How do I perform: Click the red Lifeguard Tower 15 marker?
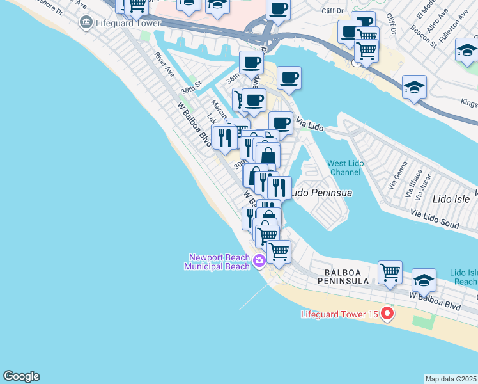[386, 314]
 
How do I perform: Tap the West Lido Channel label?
[346, 168]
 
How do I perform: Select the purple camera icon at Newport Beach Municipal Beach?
[259, 260]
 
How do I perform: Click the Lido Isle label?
[450, 199]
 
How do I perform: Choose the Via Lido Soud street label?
[435, 219]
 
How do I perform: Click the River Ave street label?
[165, 64]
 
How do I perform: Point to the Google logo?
[21, 376]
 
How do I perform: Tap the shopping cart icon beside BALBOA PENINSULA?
[390, 272]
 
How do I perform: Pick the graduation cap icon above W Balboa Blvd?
[423, 280]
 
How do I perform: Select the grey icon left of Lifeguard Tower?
[84, 23]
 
